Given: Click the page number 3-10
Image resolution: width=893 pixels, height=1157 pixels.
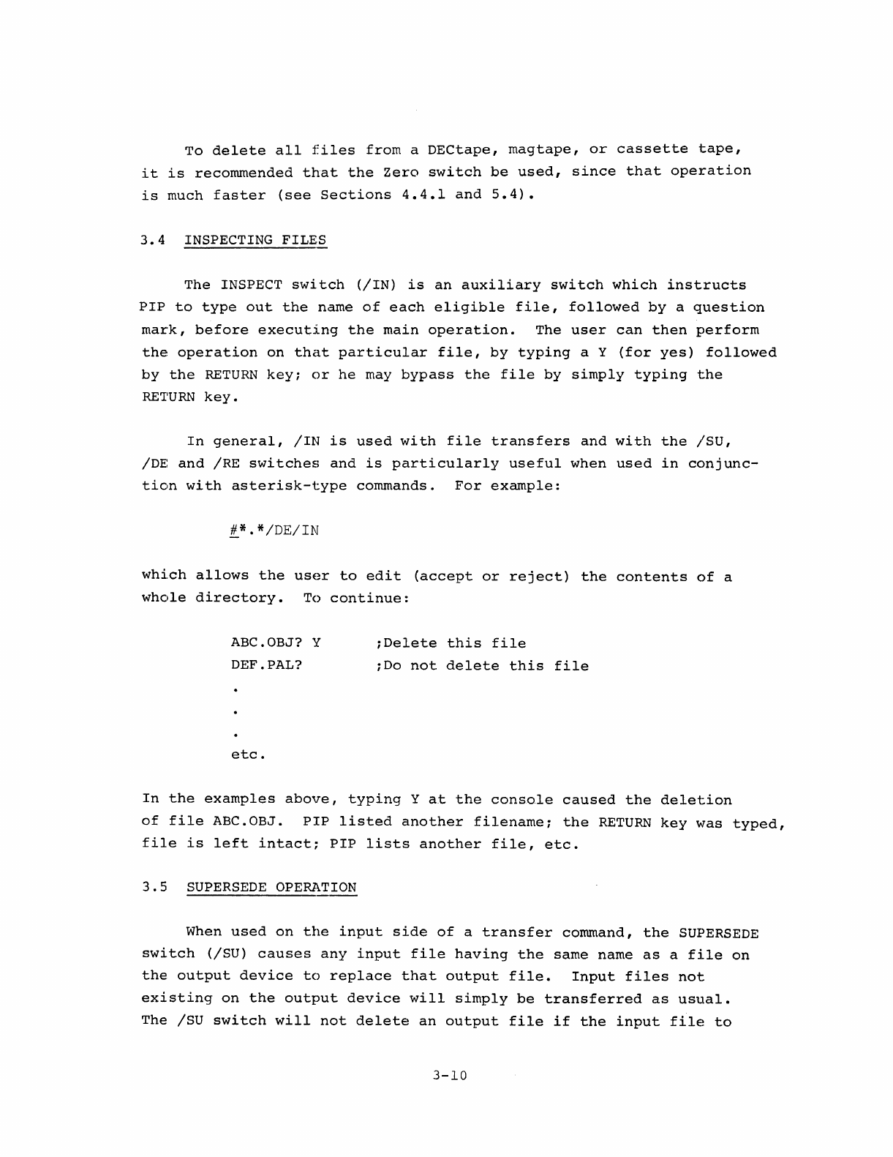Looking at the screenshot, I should tap(449, 1076).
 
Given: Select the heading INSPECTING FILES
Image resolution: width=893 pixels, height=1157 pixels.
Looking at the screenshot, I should tap(255, 240).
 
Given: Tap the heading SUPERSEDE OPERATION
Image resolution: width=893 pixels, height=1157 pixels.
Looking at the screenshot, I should tap(271, 888).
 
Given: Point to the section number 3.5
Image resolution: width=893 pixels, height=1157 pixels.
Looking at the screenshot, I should tap(156, 888).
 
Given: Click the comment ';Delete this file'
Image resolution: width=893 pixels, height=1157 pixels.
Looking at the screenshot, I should tap(450, 643).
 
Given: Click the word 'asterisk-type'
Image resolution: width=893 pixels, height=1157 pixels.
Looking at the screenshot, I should tap(289, 486).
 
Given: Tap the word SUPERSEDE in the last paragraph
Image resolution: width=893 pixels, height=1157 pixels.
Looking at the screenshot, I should tap(718, 933).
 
